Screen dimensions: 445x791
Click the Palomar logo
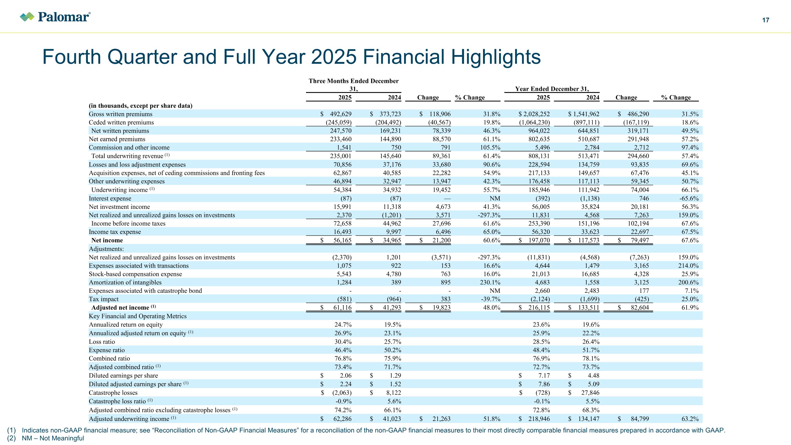click(x=55, y=17)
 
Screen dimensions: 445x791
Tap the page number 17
click(x=765, y=20)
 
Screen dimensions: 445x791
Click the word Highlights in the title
click(x=496, y=57)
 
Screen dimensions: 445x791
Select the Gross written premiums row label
click(x=120, y=114)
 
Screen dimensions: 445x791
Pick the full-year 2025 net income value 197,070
click(x=538, y=240)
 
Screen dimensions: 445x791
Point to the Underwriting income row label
click(x=120, y=190)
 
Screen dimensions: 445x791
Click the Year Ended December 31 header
click(x=552, y=89)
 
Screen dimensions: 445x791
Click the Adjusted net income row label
click(x=120, y=307)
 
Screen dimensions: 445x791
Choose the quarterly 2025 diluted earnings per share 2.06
click(x=345, y=375)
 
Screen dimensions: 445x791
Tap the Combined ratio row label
click(x=109, y=358)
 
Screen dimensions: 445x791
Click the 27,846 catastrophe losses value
click(x=590, y=393)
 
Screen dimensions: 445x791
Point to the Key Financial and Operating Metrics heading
click(x=138, y=316)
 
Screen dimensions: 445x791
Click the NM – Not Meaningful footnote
click(x=53, y=438)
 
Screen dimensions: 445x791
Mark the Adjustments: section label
click(x=106, y=249)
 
